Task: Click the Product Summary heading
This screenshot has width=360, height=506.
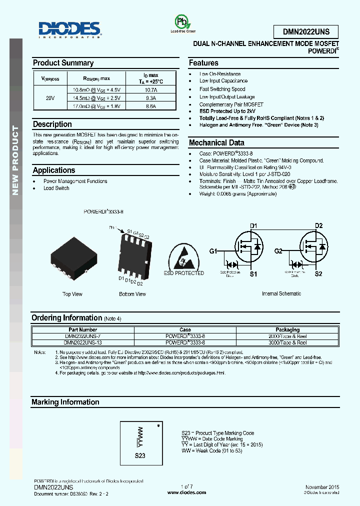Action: click(63, 63)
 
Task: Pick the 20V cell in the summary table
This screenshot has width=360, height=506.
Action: click(50, 98)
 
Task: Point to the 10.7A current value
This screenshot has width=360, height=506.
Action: click(150, 89)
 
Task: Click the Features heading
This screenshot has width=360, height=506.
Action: click(203, 63)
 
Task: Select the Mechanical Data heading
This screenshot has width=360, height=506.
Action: click(216, 143)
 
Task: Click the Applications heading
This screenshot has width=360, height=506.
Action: click(54, 170)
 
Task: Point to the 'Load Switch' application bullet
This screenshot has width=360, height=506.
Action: click(56, 188)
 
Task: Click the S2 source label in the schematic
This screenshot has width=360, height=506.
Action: click(318, 274)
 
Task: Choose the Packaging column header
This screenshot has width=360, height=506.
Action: click(287, 329)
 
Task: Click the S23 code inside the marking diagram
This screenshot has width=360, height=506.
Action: click(140, 455)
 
